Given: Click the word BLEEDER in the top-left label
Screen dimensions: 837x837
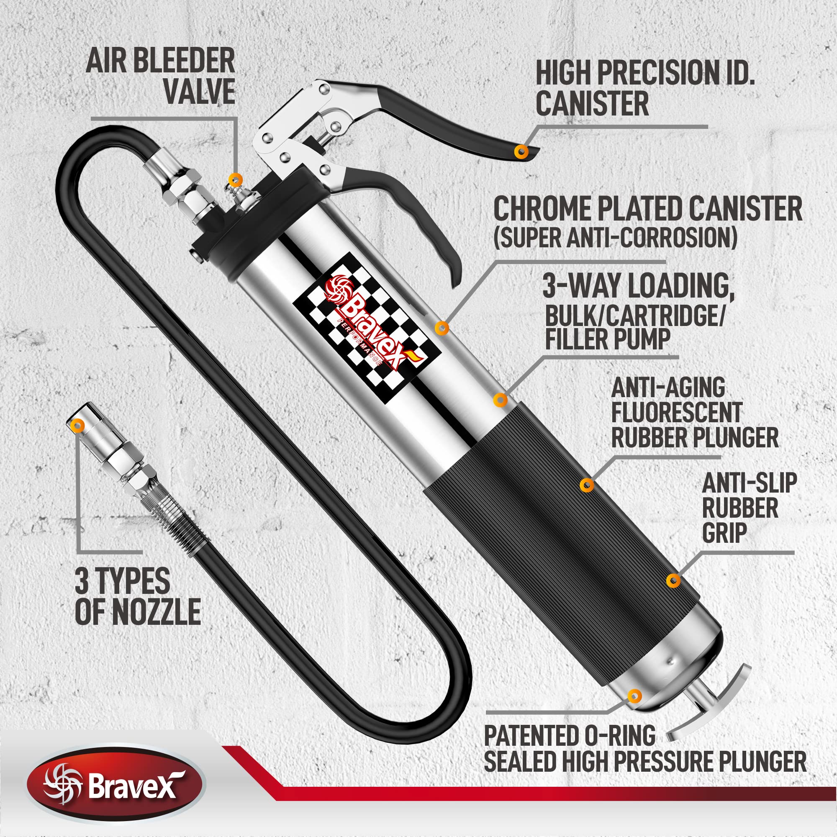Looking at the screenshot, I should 184,61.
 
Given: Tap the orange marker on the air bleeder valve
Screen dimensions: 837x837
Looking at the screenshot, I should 235,179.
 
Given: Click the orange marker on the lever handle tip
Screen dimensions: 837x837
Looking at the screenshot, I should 521,151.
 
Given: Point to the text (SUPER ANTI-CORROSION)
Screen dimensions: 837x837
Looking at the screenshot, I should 615,237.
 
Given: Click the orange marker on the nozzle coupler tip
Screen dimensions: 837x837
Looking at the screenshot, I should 78,425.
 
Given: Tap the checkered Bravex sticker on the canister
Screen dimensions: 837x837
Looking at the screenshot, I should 367,328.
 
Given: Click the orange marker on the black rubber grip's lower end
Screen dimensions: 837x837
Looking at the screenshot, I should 673,580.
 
